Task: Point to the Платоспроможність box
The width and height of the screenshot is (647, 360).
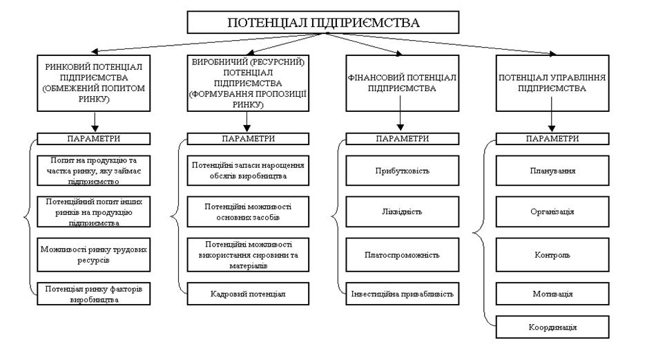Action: tap(402, 253)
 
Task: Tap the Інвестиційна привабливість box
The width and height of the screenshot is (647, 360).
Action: tap(402, 293)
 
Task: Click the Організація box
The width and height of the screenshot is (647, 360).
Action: tap(552, 211)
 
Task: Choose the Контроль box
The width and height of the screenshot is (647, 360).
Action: tap(552, 254)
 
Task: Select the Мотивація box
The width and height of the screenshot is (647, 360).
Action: tap(552, 294)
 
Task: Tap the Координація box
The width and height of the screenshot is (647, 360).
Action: tap(552, 326)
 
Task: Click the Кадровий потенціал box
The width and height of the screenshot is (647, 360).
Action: tap(248, 293)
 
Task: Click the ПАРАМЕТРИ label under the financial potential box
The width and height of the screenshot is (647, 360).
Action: tap(402, 138)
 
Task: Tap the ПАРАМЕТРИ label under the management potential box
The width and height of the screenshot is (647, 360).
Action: tap(552, 138)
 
